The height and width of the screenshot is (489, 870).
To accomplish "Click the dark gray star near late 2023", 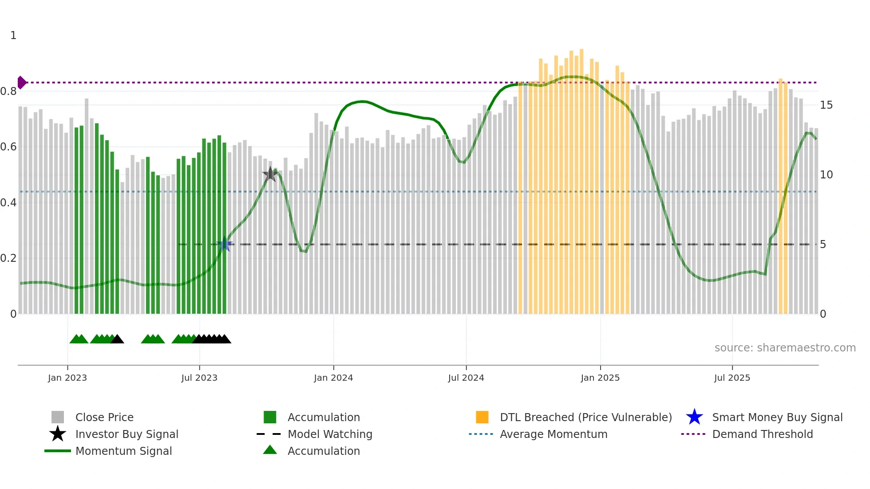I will click(270, 174).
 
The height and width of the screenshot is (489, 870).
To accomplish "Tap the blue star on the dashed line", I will click(225, 244).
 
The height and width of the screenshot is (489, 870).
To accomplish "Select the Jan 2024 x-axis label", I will click(333, 378).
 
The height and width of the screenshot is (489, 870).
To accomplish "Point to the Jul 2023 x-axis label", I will click(199, 378).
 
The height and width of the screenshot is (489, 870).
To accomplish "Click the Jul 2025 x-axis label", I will click(732, 378).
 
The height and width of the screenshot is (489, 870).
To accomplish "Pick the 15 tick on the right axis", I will click(826, 105).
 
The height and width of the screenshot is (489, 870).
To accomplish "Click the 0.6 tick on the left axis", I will click(8, 147).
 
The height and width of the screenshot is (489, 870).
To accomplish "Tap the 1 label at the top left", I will click(13, 35).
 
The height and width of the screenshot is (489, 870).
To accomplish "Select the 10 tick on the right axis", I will click(826, 175).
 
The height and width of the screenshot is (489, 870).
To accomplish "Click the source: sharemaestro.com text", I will click(785, 348).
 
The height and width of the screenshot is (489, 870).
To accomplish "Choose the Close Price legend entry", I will click(104, 418).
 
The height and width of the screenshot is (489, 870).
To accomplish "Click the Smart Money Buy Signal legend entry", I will click(777, 418).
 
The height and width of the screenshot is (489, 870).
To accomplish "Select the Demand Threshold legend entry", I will click(762, 434).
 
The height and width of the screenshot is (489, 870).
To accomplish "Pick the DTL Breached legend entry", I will click(585, 418).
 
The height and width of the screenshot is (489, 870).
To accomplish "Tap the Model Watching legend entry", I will click(330, 434).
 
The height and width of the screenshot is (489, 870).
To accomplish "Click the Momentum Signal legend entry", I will click(123, 451).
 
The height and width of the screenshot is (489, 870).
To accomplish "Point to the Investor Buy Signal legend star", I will click(58, 434).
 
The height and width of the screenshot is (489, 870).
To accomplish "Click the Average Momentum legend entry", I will click(554, 434).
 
